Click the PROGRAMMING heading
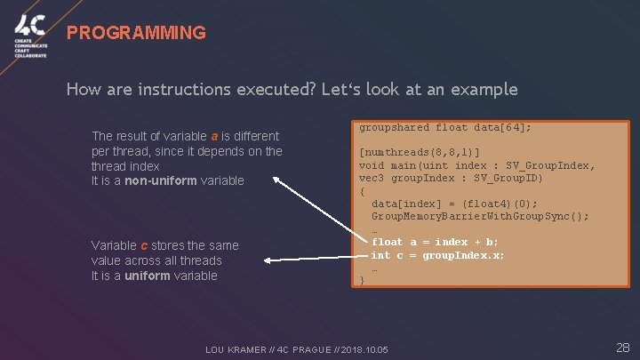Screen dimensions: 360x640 [136, 34]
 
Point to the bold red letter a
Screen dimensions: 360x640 [214, 136]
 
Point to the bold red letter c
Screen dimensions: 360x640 [144, 245]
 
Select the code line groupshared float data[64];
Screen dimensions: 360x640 [444, 127]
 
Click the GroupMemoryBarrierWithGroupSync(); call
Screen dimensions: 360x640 [480, 216]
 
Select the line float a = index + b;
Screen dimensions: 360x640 [436, 242]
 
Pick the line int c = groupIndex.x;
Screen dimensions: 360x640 [437, 255]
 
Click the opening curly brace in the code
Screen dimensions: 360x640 [362, 191]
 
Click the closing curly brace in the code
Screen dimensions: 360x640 [362, 280]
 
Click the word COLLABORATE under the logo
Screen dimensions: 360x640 [30, 56]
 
